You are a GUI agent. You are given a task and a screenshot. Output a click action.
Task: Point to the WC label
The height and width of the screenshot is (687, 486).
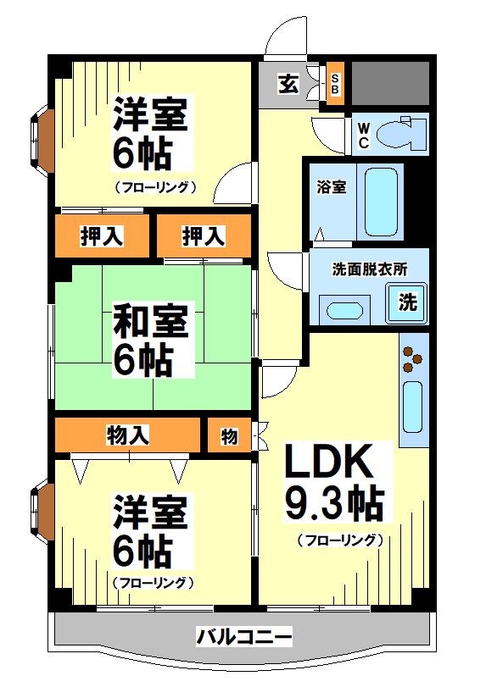click(362, 136)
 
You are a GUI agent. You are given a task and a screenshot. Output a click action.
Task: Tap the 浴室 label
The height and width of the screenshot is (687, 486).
click(332, 187)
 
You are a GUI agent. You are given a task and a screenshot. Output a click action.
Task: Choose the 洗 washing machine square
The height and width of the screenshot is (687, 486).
click(408, 302)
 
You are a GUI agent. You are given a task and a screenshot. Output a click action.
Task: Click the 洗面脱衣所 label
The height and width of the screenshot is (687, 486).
click(369, 269)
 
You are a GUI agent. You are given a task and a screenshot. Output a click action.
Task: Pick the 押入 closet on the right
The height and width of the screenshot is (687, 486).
click(204, 236)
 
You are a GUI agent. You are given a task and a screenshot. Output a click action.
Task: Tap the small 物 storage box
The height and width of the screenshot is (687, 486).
click(229, 435)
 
